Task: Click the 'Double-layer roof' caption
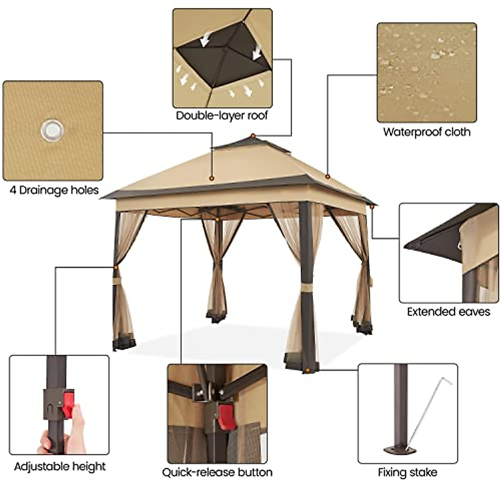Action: tap(222, 116)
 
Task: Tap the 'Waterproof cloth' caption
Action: tap(427, 132)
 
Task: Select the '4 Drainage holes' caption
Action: tap(54, 190)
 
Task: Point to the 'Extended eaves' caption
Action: tap(448, 311)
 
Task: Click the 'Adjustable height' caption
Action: tap(60, 466)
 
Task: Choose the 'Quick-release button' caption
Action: tap(217, 472)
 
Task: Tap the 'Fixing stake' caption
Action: tap(407, 472)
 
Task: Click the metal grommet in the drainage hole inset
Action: tap(53, 130)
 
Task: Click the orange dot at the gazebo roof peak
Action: tap(253, 136)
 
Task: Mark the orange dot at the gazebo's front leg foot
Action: tap(308, 370)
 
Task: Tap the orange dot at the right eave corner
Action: tap(371, 206)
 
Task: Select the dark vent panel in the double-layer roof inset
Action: tap(221, 58)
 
